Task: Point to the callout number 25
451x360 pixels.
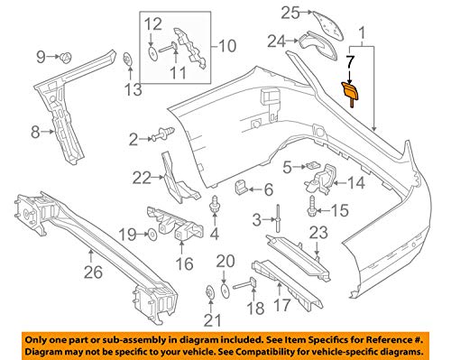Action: (x=288, y=12)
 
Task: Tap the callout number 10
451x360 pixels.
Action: (x=225, y=43)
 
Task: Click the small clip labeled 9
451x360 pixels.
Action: (x=66, y=58)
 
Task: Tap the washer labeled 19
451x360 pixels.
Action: (x=152, y=235)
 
